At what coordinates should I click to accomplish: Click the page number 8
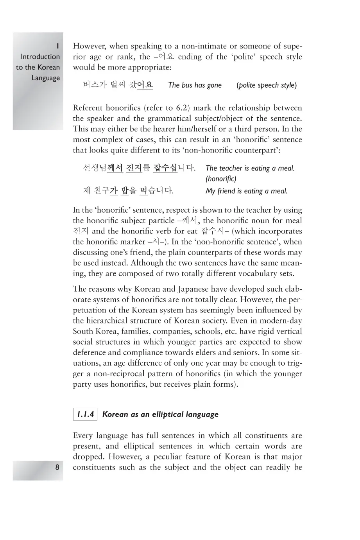click(x=57, y=467)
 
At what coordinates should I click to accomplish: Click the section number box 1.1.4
click(x=85, y=414)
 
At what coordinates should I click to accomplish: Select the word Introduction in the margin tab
click(x=40, y=57)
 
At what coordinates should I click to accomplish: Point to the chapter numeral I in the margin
click(x=57, y=46)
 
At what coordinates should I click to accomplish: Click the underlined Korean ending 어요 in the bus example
click(x=145, y=85)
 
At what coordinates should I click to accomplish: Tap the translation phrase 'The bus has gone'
click(x=195, y=85)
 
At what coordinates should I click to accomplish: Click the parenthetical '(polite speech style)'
click(x=267, y=85)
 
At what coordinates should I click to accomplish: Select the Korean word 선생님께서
click(x=103, y=168)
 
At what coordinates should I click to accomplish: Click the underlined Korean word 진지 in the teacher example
click(x=134, y=168)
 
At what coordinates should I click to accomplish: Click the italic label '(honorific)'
click(x=221, y=179)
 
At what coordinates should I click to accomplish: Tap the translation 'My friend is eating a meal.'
click(x=246, y=191)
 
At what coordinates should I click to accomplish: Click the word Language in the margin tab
click(x=46, y=78)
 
